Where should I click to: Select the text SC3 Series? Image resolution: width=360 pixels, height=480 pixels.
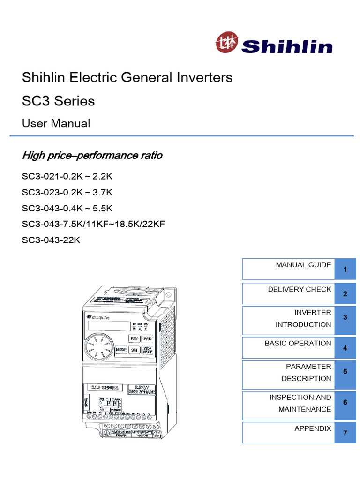tap(58, 101)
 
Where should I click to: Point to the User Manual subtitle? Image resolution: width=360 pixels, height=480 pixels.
tap(56, 123)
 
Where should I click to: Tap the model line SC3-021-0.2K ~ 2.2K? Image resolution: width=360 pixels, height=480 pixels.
tap(67, 177)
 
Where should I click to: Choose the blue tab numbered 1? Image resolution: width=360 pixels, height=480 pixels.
tap(345, 270)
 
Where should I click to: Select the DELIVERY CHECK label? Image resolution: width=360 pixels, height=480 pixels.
tap(299, 289)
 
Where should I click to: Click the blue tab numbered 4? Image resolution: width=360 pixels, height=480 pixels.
tap(345, 348)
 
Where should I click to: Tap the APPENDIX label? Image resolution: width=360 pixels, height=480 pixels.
tap(312, 428)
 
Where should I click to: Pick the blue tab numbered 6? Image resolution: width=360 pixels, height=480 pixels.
tap(345, 403)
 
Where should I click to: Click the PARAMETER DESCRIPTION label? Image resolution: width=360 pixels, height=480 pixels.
tap(306, 372)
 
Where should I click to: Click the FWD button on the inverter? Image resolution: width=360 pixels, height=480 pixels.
tap(147, 338)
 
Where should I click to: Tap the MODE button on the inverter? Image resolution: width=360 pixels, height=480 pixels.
tap(121, 350)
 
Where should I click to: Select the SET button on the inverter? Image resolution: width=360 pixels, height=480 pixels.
tap(134, 350)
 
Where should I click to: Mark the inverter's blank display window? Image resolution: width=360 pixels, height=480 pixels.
tap(108, 325)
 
